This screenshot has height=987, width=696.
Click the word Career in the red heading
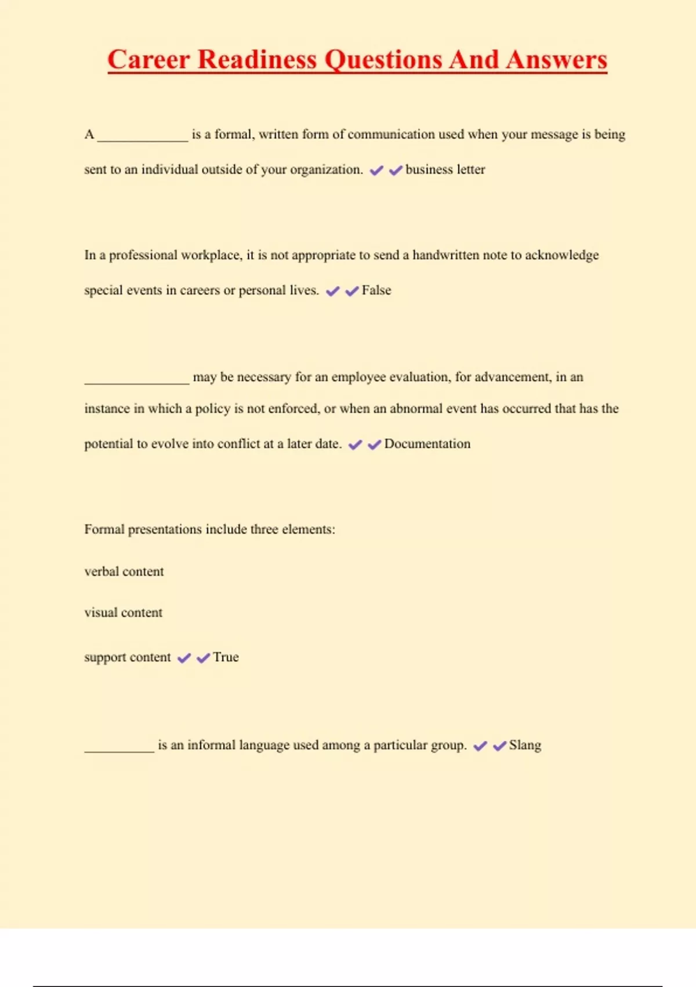click(148, 60)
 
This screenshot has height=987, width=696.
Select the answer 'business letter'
click(445, 170)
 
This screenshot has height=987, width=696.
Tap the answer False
click(376, 290)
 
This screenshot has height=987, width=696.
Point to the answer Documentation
click(427, 444)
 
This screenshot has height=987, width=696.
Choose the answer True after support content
click(226, 657)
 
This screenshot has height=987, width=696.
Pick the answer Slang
click(525, 745)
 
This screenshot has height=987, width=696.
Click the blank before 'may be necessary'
click(137, 381)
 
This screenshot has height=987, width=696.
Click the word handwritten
click(445, 255)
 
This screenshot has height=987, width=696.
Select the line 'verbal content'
click(124, 572)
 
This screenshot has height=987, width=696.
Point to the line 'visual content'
click(124, 613)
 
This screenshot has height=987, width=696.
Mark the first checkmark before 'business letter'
click(376, 170)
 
